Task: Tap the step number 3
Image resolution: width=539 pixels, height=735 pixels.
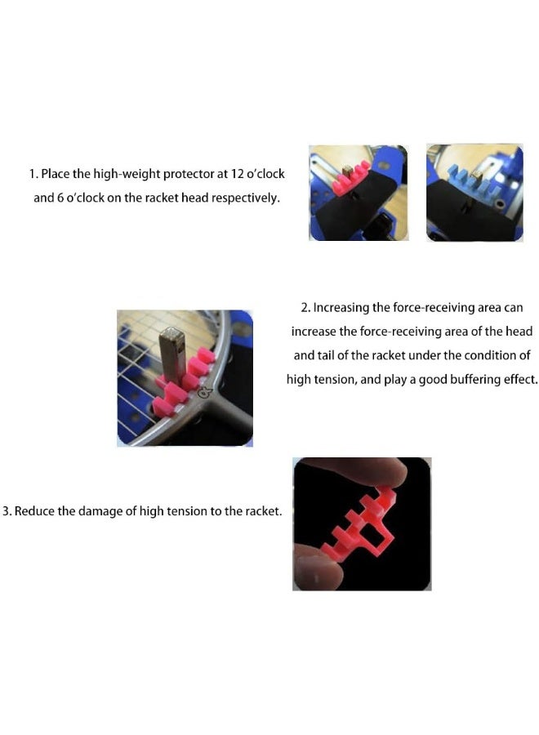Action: click(x=7, y=512)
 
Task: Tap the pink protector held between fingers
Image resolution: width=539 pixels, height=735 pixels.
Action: click(x=351, y=527)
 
